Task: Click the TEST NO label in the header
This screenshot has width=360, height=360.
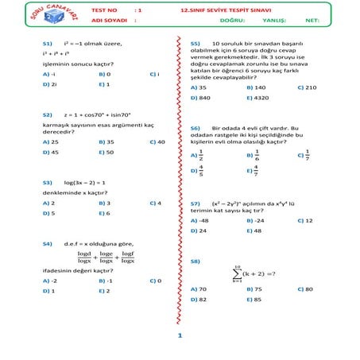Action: [x=105, y=10]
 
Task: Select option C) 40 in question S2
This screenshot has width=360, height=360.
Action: [x=157, y=142]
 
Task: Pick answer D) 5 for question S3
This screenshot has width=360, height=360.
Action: [x=48, y=213]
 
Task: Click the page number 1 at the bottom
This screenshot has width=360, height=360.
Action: [x=180, y=336]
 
